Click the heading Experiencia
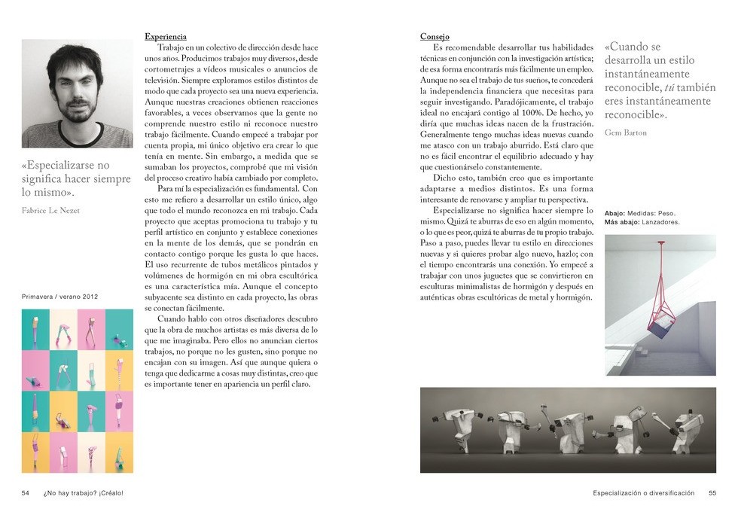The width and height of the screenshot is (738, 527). (165, 36)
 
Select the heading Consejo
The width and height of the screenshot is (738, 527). (435, 36)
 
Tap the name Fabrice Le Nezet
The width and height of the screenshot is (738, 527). (50, 211)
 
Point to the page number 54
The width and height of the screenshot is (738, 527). (25, 493)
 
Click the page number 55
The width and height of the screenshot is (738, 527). (712, 493)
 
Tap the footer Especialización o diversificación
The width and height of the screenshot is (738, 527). (643, 493)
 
